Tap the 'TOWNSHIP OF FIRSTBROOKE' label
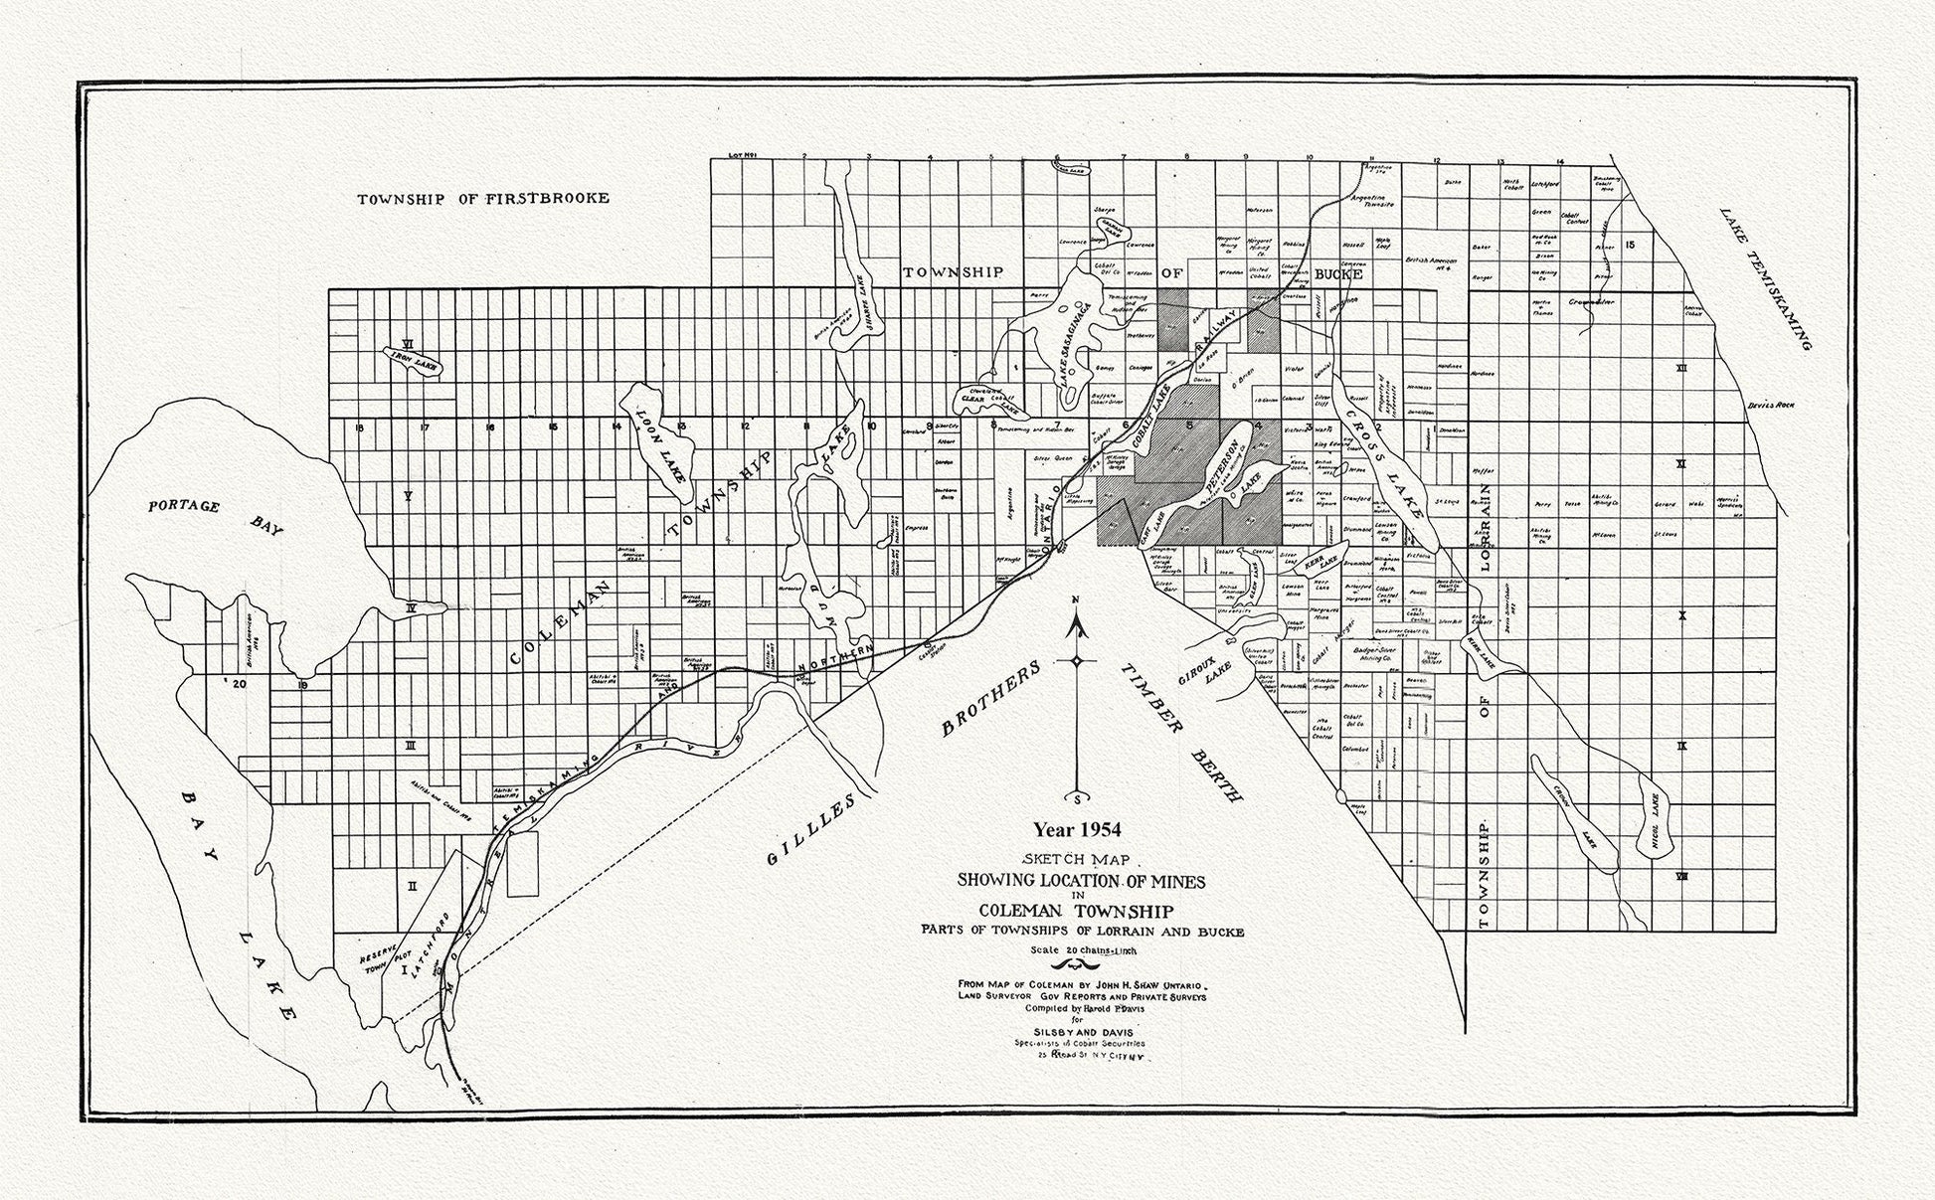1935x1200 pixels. click(x=483, y=199)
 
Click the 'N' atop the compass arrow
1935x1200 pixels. click(x=1076, y=600)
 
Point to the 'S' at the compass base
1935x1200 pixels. click(x=1076, y=798)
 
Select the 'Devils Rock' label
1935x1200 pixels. click(x=1770, y=406)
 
